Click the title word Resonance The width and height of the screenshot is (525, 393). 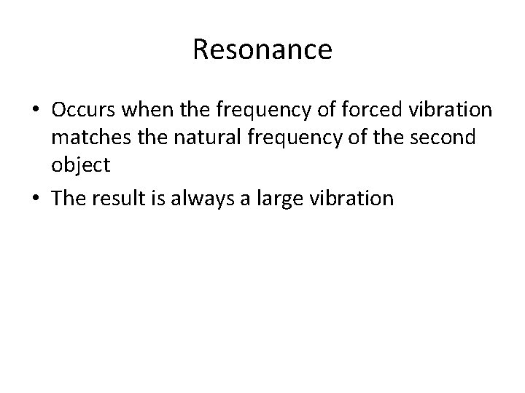click(x=262, y=49)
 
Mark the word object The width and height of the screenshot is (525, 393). click(x=80, y=165)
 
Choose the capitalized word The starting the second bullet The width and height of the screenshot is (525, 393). click(x=68, y=198)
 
